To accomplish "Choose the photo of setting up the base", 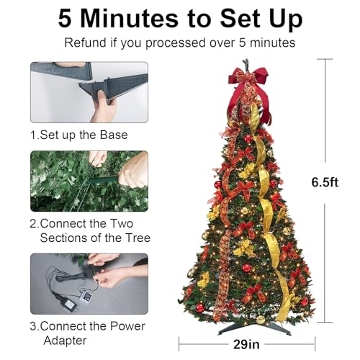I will (x=89, y=92).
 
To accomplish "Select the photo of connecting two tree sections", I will (x=89, y=180).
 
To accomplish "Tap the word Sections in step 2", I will (x=65, y=238).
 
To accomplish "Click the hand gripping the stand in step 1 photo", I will (x=104, y=108).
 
